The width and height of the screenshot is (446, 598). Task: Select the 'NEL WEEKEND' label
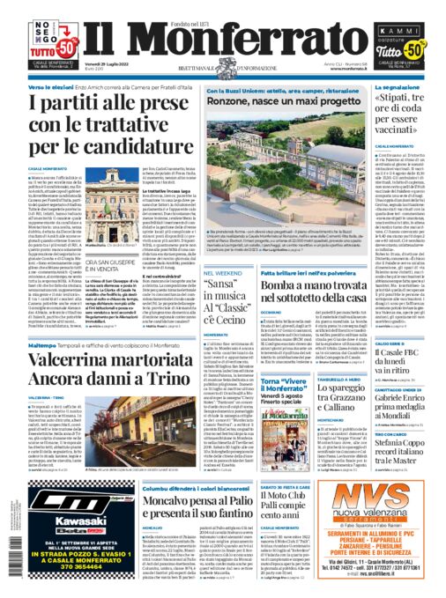[223, 274]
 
